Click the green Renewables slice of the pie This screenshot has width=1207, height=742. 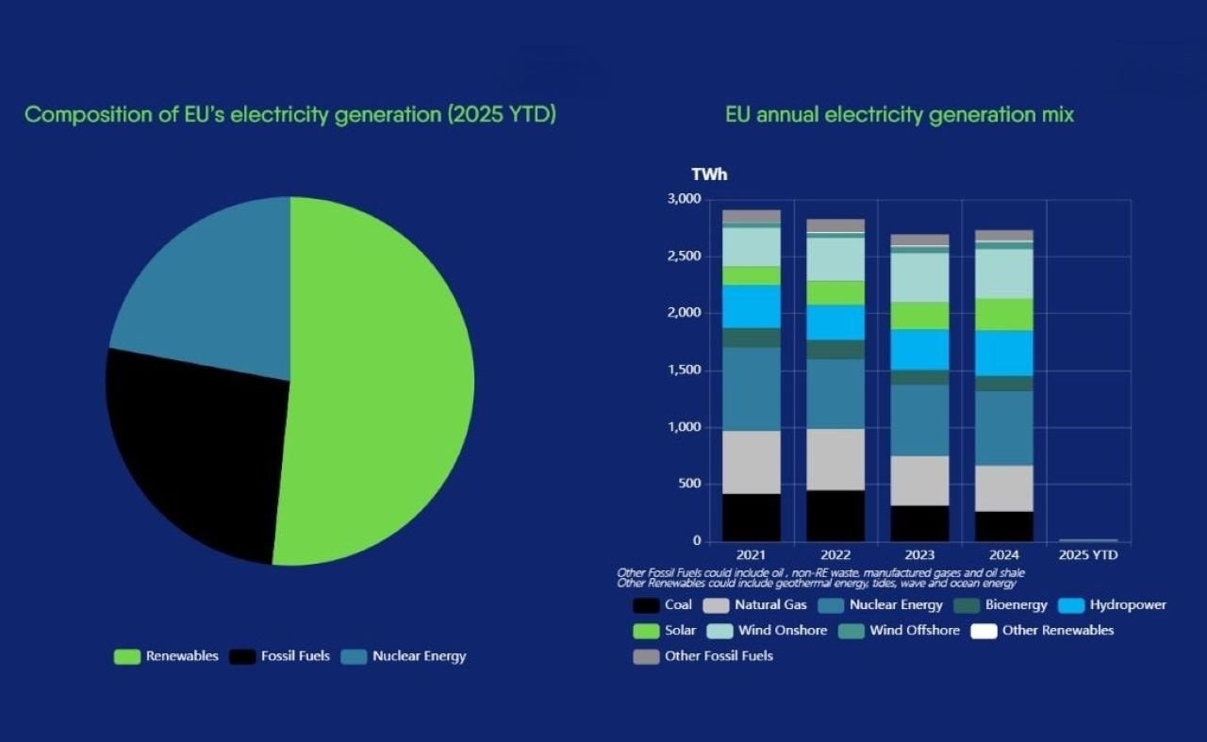(x=387, y=377)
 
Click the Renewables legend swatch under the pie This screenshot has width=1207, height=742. (x=127, y=656)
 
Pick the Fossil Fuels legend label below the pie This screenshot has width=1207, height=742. (x=295, y=656)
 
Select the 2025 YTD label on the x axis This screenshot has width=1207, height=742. (x=1087, y=555)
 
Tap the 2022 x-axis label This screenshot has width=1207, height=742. (x=835, y=555)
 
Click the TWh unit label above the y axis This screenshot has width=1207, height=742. (x=709, y=174)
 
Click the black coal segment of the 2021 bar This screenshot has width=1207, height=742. (x=752, y=517)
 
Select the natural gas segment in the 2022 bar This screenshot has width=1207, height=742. (x=835, y=459)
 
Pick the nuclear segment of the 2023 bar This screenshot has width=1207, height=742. (x=919, y=420)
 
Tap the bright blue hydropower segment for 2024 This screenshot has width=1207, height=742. (x=1004, y=353)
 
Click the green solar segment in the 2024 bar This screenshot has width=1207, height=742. (x=1004, y=314)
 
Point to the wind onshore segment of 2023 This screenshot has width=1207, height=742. (x=919, y=277)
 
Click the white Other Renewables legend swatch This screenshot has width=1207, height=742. (x=984, y=631)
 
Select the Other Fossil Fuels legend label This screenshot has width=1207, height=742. (x=719, y=656)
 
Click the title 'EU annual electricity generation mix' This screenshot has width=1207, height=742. (x=900, y=115)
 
